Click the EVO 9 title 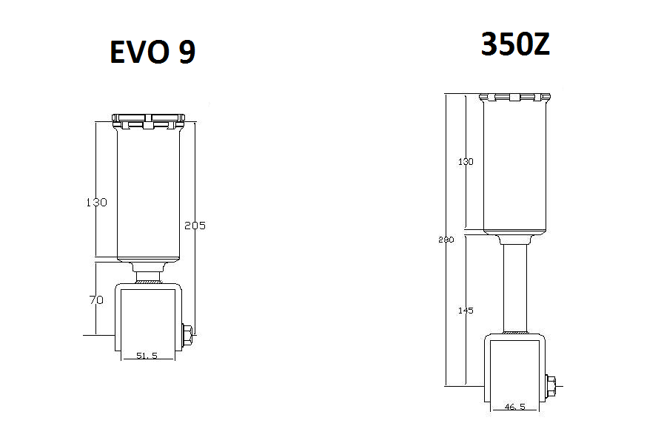pyautogui.click(x=152, y=53)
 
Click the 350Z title pyautogui.click(x=515, y=45)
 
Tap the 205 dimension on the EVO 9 pyautogui.click(x=195, y=226)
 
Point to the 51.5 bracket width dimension pyautogui.click(x=147, y=356)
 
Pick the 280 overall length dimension pyautogui.click(x=446, y=240)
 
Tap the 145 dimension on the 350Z pyautogui.click(x=466, y=311)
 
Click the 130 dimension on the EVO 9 pyautogui.click(x=96, y=202)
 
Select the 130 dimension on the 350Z pyautogui.click(x=466, y=162)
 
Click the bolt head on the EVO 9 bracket pyautogui.click(x=187, y=334)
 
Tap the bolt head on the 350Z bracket pyautogui.click(x=552, y=385)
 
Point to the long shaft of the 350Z pyautogui.click(x=515, y=288)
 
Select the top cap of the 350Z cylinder pyautogui.click(x=515, y=97)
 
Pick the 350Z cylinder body pyautogui.click(x=515, y=166)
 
